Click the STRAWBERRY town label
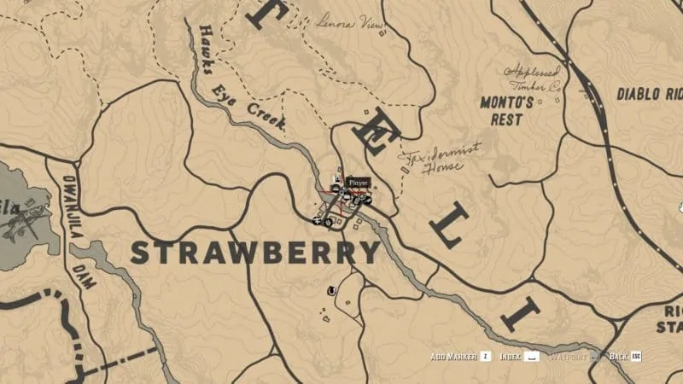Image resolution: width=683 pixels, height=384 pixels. (x=254, y=253)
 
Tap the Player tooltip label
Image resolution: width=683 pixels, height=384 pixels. (x=357, y=182)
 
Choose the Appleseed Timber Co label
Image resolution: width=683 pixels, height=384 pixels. (x=534, y=79)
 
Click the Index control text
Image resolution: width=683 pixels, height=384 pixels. (x=511, y=356)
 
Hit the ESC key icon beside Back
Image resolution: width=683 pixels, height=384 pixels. (x=635, y=356)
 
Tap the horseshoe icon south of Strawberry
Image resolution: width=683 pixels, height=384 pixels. (x=330, y=291)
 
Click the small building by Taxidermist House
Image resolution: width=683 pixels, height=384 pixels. (x=405, y=170)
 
